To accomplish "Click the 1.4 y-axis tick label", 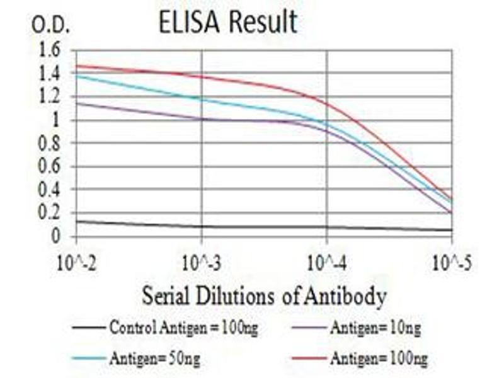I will coord(52,74).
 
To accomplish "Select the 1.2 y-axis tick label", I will coord(52,97).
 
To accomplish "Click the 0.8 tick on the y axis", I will coord(52,144).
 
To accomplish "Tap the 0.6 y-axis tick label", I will coord(52,167).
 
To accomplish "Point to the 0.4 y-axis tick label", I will coord(52,190).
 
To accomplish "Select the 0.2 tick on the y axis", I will coord(52,214).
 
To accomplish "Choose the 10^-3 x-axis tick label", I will coord(201,260).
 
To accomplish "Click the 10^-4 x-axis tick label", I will coord(326,260).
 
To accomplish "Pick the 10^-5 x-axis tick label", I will coord(452,260).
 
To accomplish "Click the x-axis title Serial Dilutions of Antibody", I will coord(264,294).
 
